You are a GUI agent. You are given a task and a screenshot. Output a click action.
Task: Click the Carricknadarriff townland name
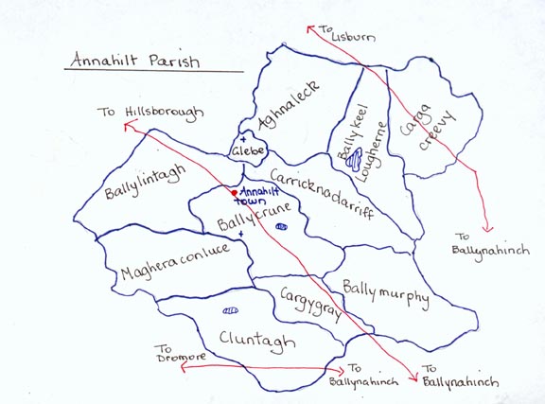[x=322, y=193]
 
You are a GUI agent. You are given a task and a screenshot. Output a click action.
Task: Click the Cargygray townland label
[x=310, y=306]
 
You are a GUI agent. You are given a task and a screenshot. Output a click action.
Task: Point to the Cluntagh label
[x=257, y=340]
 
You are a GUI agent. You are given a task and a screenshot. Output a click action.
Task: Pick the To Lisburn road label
[x=352, y=36]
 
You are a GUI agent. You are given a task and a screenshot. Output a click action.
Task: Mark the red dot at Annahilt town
[x=235, y=193]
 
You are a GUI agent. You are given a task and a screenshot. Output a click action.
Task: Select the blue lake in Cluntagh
[x=229, y=310]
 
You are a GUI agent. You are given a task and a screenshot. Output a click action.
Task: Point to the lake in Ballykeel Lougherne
[x=354, y=162]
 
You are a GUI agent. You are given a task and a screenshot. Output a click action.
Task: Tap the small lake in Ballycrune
[x=280, y=227]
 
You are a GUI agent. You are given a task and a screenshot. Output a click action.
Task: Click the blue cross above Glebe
[x=243, y=138]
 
